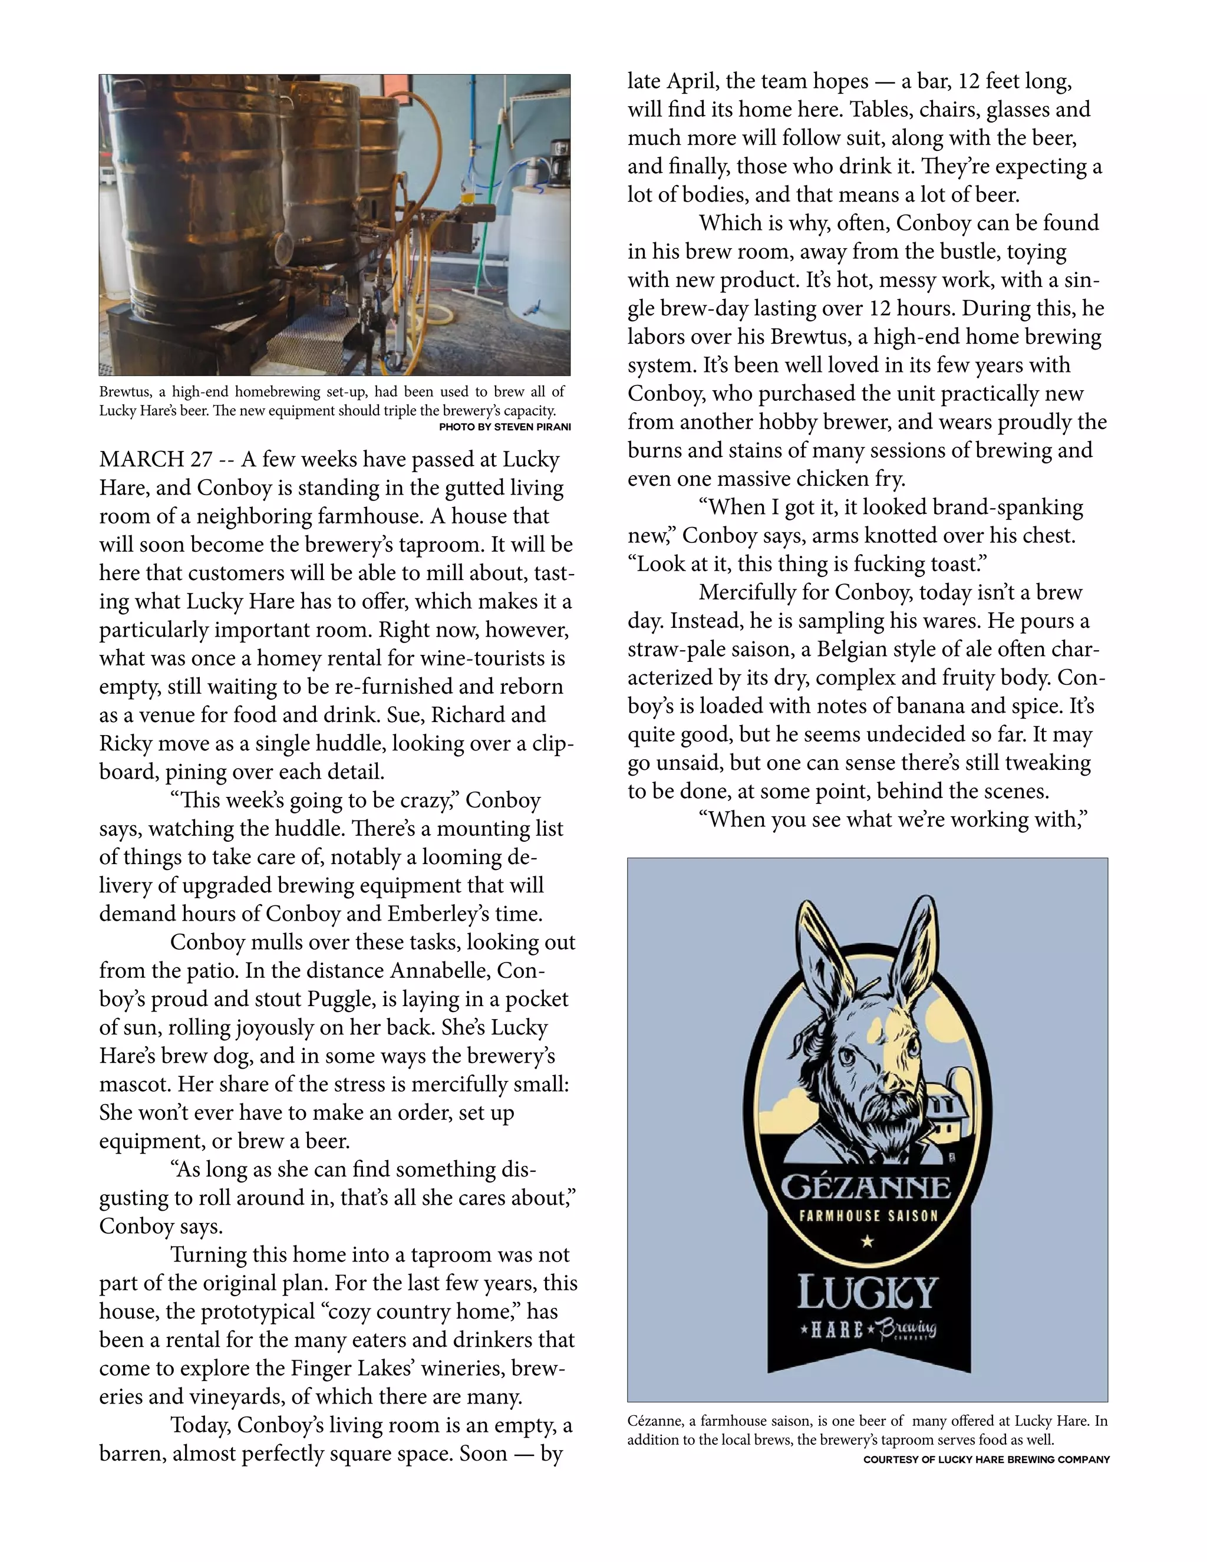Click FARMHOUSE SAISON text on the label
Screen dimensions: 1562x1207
pos(868,1215)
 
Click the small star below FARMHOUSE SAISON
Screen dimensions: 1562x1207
pos(868,1241)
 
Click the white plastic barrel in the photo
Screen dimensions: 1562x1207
pos(537,243)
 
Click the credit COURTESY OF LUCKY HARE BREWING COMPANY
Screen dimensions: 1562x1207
pos(986,1459)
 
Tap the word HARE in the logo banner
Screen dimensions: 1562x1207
pos(837,1329)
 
